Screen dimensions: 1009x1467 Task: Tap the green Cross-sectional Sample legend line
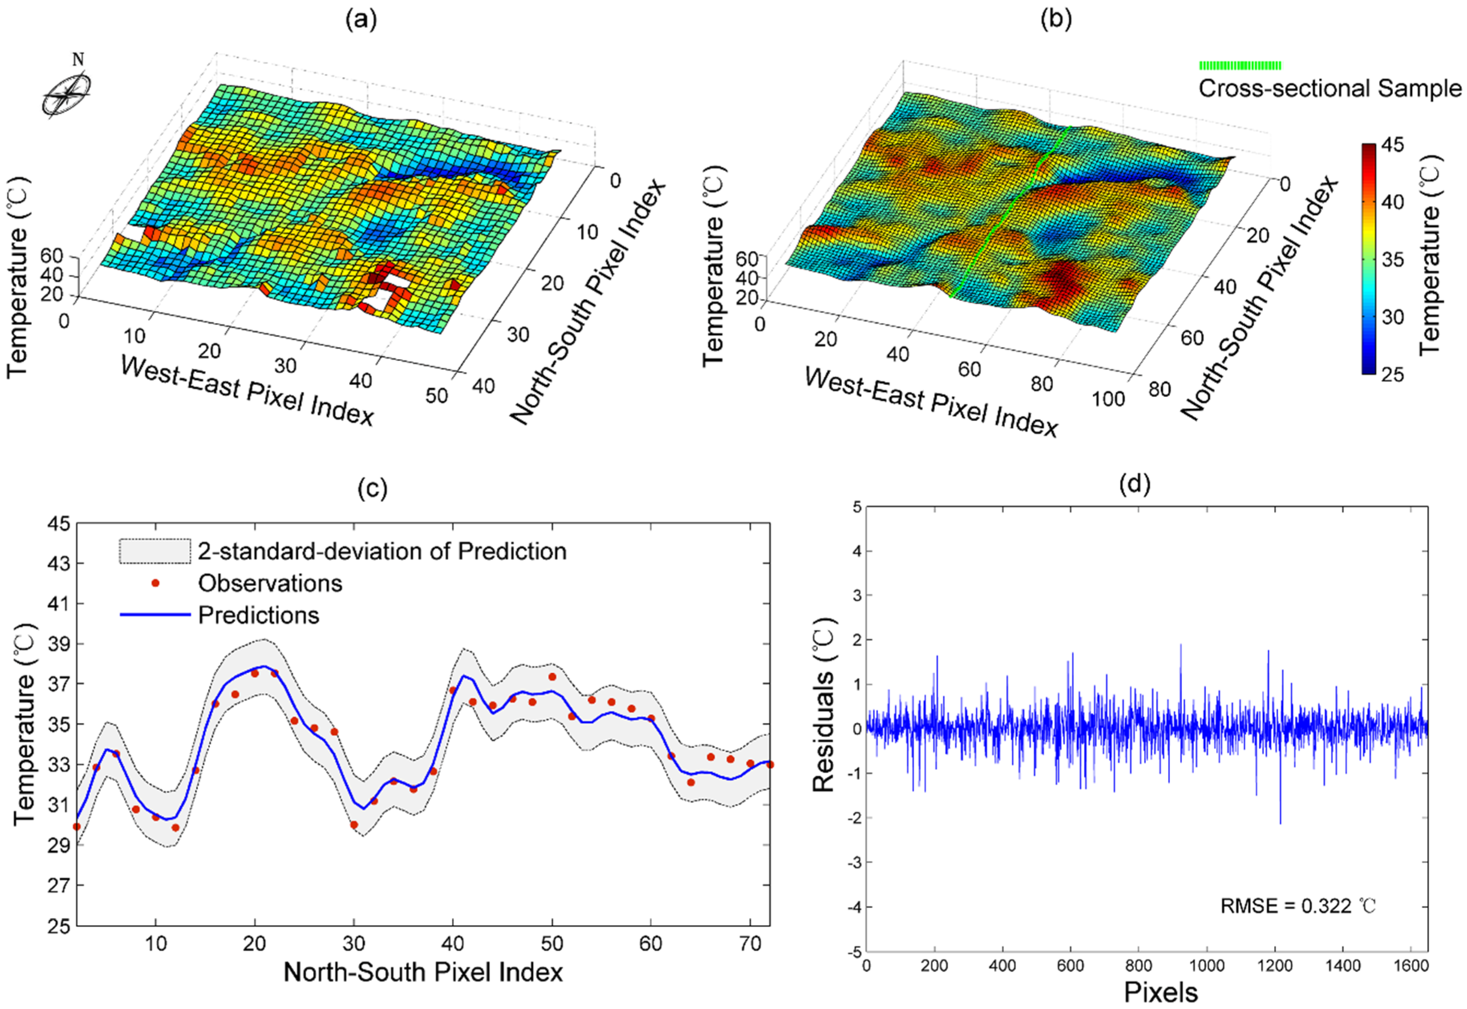click(x=1240, y=65)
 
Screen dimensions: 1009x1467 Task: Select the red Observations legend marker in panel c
click(x=155, y=583)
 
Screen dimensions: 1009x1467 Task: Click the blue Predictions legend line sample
click(x=155, y=615)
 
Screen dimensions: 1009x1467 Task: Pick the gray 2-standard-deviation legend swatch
click(x=155, y=551)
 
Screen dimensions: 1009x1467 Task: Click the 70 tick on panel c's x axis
click(x=750, y=944)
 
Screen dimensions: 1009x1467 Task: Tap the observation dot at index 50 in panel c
click(x=552, y=676)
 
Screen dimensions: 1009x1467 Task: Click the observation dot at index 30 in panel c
click(x=354, y=824)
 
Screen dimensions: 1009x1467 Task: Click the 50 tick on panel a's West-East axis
click(x=436, y=396)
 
